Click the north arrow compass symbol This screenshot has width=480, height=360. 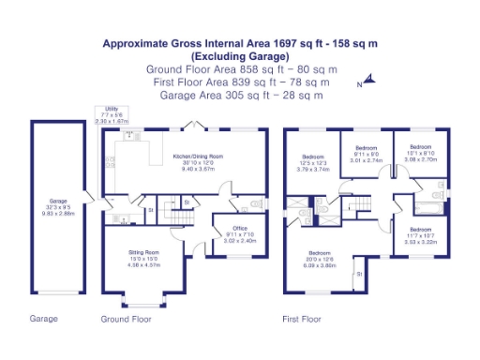point(368,82)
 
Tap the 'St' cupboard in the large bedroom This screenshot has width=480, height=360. point(359,274)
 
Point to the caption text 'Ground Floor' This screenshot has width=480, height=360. point(126,319)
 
